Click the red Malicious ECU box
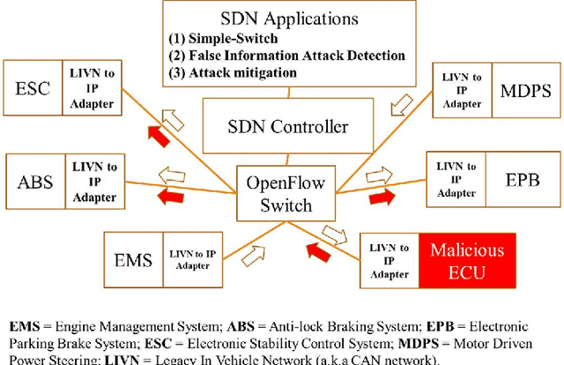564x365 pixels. click(x=467, y=260)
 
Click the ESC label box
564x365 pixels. click(x=34, y=88)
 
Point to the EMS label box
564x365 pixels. click(x=133, y=259)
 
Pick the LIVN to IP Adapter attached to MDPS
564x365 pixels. click(x=458, y=91)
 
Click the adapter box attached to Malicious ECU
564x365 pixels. click(x=390, y=260)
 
